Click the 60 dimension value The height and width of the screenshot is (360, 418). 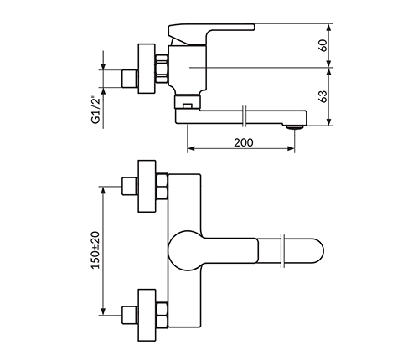(323, 45)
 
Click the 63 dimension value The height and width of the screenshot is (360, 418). (323, 96)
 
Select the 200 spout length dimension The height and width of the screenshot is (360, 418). (244, 142)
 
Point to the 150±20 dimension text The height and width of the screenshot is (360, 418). (95, 250)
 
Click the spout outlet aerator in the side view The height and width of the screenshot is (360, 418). (295, 127)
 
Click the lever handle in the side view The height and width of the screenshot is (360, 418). (211, 33)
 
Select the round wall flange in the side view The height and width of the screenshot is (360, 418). (147, 69)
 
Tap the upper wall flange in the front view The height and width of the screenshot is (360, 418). (147, 186)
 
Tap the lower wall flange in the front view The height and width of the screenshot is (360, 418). (147, 315)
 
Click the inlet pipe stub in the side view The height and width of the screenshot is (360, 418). (130, 79)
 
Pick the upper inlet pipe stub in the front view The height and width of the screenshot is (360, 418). (130, 186)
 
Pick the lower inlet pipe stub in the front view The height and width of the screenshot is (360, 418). (130, 315)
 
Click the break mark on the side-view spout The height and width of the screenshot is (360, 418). (245, 116)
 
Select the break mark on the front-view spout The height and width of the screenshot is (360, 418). (282, 251)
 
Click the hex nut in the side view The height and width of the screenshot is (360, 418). (162, 69)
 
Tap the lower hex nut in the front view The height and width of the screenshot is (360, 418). (162, 315)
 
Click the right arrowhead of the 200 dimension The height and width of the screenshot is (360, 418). (291, 148)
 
